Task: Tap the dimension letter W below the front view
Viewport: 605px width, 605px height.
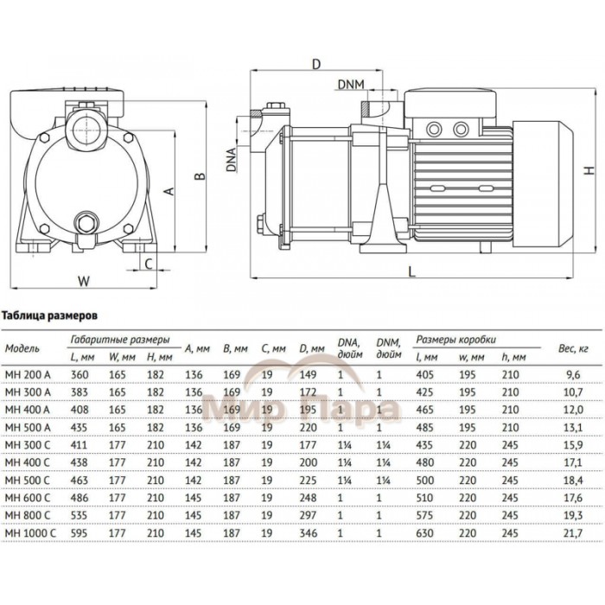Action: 84,281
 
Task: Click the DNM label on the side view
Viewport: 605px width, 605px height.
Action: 350,84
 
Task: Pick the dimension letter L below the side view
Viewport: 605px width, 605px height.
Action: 411,271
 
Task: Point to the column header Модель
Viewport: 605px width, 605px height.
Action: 24,348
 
